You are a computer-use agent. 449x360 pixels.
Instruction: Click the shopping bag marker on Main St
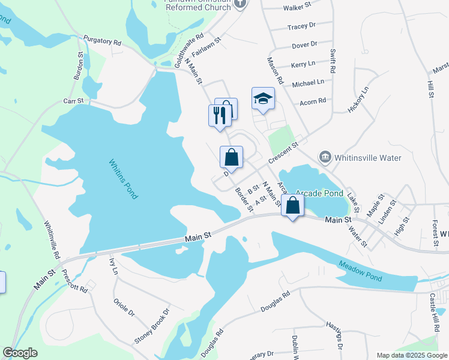point(292,205)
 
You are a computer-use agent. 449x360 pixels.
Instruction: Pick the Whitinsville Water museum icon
point(325,157)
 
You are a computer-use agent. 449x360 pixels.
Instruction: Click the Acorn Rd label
point(313,100)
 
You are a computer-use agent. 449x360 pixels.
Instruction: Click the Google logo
point(20,353)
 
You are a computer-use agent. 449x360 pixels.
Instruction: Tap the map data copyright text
point(411,355)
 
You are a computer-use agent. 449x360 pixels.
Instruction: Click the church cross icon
point(241,4)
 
